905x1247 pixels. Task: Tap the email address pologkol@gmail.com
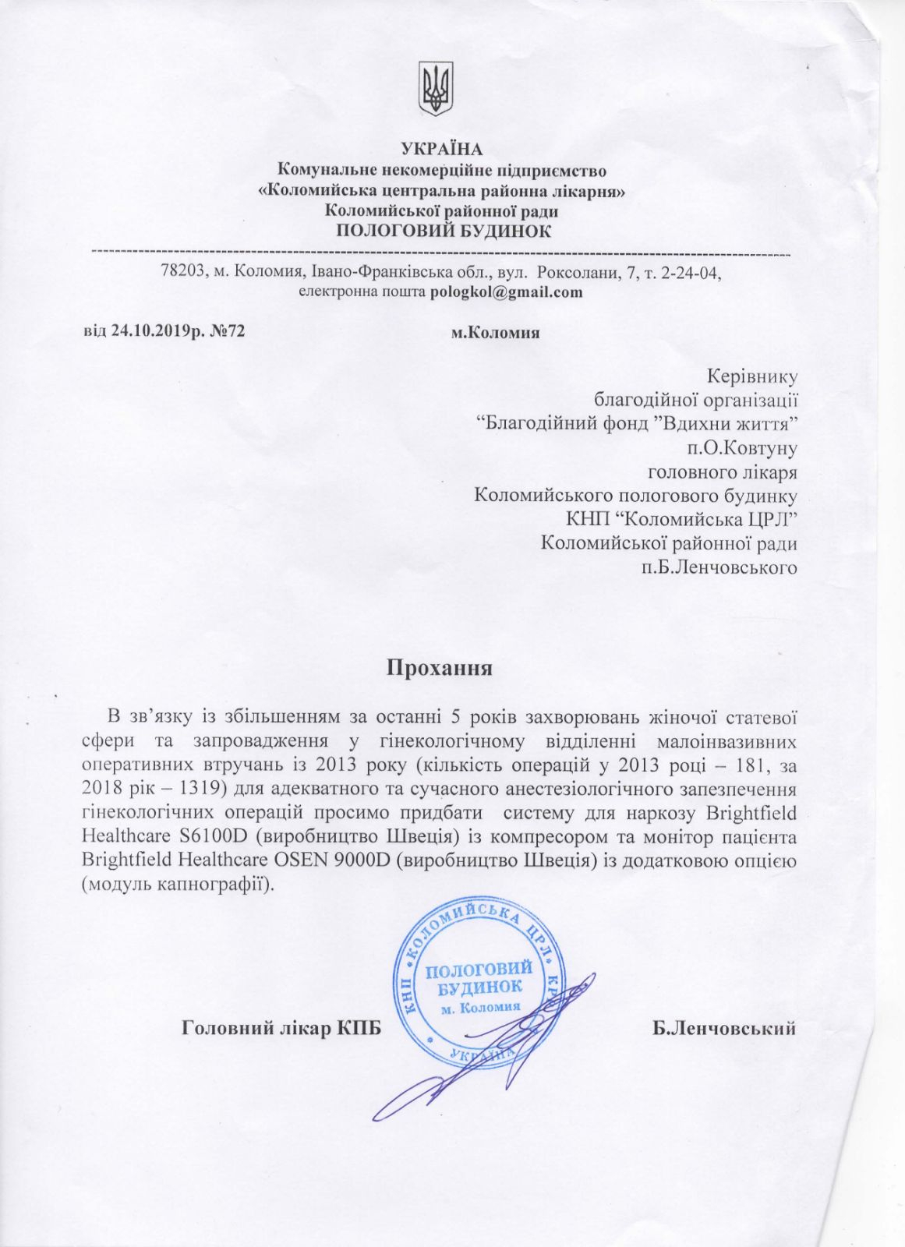[x=507, y=292]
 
